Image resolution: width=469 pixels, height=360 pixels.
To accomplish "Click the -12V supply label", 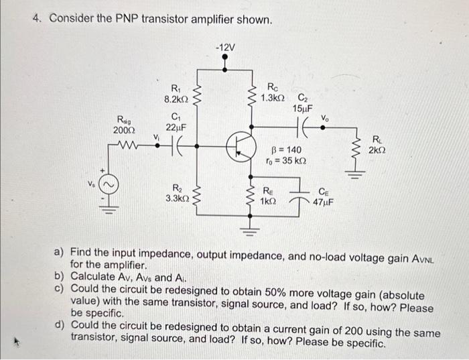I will [x=225, y=47].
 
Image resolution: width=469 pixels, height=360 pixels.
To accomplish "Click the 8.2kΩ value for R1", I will [x=176, y=99].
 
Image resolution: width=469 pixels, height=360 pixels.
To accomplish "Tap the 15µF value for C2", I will [x=303, y=108].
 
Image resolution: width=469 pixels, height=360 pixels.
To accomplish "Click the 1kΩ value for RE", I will [x=268, y=200].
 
